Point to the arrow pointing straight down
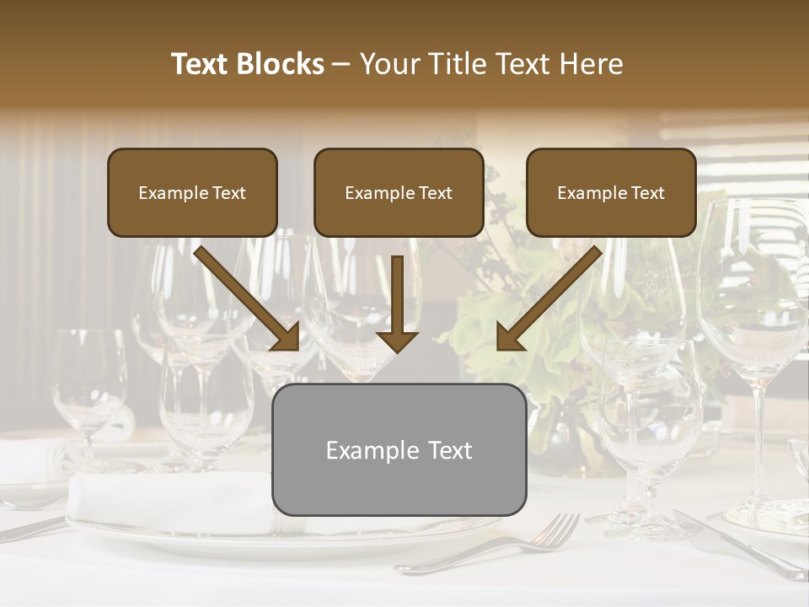point(397,303)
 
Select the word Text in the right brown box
point(646,193)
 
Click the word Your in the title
point(389,64)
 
